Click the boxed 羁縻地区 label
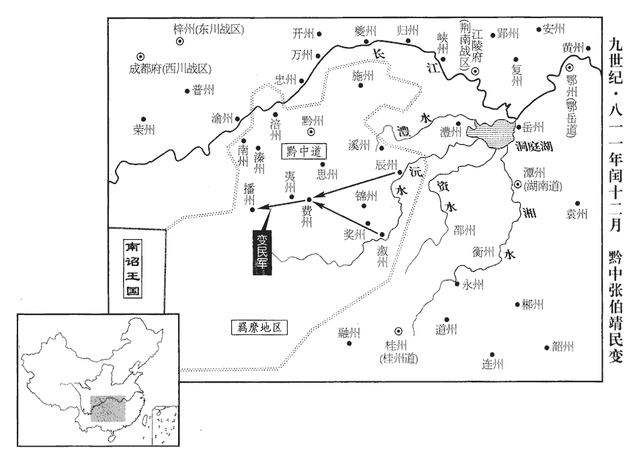258,328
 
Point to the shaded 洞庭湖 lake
495,131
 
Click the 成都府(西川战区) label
171,68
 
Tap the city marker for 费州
308,199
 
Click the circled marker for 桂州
397,330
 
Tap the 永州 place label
473,284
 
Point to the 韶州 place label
563,346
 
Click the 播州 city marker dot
252,209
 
